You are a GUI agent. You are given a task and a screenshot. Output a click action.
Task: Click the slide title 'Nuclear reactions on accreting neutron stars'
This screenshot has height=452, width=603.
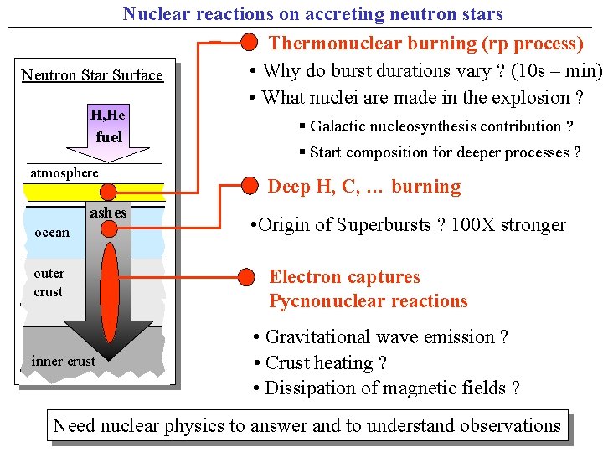tap(312, 13)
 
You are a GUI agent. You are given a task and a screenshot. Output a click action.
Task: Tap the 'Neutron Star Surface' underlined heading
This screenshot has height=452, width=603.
tap(92, 75)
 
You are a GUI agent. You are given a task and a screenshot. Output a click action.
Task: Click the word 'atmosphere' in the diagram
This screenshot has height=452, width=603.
tap(64, 172)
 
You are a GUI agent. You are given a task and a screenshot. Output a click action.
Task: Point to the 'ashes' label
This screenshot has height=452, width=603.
tap(108, 213)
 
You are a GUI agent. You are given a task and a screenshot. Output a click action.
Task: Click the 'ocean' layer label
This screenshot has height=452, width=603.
tap(52, 232)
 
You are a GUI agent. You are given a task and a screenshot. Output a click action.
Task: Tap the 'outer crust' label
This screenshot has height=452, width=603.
tap(49, 282)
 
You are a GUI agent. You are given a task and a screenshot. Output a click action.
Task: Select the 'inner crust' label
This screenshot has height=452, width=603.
tap(63, 361)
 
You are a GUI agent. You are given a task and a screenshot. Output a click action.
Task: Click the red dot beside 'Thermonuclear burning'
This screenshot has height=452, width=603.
tap(249, 43)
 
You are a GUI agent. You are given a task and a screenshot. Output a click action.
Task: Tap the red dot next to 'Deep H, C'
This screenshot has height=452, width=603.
tap(249, 187)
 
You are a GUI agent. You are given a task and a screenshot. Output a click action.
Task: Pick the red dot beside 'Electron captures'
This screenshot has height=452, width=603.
tap(248, 276)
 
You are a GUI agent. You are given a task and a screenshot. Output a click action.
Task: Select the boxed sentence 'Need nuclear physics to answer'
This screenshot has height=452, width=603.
tap(307, 425)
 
